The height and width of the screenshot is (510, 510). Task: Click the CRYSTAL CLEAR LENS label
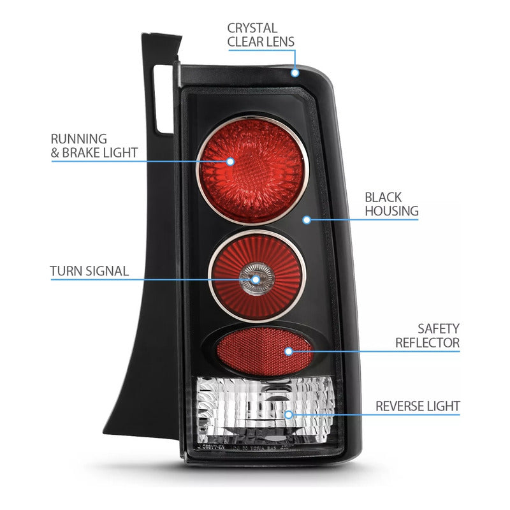pos(261,35)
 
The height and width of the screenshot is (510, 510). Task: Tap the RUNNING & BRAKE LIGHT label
pos(94,145)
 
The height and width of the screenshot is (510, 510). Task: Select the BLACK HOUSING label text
pos(391,204)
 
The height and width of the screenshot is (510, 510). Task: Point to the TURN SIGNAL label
pos(89,271)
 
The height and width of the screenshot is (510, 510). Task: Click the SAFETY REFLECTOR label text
pos(427,336)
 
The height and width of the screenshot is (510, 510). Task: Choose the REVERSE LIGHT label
pos(418,405)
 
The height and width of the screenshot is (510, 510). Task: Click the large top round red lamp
pos(252,170)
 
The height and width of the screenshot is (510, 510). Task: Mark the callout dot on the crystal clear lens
pos(295,72)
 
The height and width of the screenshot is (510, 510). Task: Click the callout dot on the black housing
pos(307,220)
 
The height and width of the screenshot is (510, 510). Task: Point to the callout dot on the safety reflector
pos(288,351)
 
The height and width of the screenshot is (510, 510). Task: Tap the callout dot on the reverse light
pos(289,414)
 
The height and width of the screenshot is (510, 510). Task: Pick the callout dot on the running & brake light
pos(230,161)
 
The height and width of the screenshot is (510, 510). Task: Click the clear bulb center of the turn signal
pos(256,279)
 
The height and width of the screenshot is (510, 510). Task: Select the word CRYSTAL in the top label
pos(252,28)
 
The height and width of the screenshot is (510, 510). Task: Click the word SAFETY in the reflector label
pos(439,329)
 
